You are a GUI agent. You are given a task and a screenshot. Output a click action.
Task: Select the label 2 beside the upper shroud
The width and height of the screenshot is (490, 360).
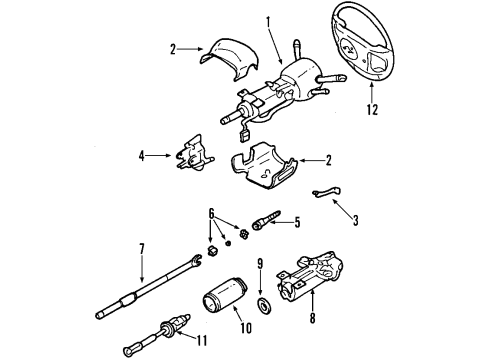[174, 48]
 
